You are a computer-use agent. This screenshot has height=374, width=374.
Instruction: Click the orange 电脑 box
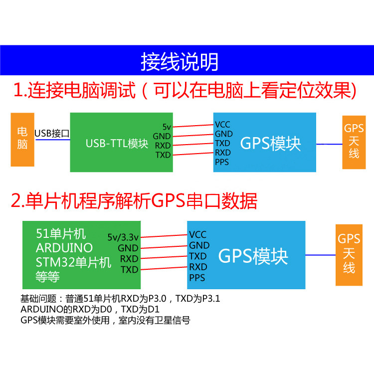pyautogui.click(x=22, y=139)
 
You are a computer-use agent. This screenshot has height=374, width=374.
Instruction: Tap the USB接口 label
pyautogui.click(x=52, y=133)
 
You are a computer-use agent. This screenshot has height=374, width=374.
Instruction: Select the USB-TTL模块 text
pyautogui.click(x=117, y=144)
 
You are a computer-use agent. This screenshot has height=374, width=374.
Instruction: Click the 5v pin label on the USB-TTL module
pyautogui.click(x=167, y=127)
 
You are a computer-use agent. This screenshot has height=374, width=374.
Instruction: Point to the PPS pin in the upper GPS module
pyautogui.click(x=222, y=162)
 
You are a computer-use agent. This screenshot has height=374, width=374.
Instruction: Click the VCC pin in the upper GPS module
pyautogui.click(x=222, y=124)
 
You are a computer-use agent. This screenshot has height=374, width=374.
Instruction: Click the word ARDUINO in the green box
pyautogui.click(x=64, y=247)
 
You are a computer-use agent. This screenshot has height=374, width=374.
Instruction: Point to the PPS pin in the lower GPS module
pyautogui.click(x=197, y=277)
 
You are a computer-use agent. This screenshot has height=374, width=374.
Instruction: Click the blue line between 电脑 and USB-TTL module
pyautogui.click(x=52, y=140)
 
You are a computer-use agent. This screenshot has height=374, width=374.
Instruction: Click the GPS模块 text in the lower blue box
pyautogui.click(x=253, y=256)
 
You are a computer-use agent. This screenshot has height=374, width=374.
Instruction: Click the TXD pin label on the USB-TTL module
pyautogui.click(x=163, y=155)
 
